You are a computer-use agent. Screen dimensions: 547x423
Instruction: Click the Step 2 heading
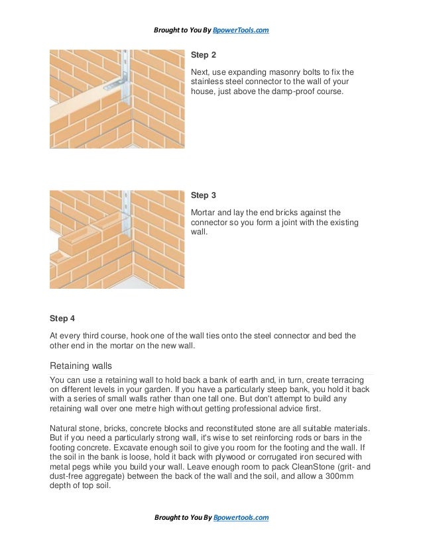coord(204,55)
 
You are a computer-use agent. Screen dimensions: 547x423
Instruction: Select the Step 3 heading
coord(204,195)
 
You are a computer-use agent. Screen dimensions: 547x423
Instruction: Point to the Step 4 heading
coord(62,319)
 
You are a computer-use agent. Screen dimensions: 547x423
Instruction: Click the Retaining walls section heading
coord(81,366)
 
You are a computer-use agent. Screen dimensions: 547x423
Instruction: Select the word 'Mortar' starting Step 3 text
coord(203,213)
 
